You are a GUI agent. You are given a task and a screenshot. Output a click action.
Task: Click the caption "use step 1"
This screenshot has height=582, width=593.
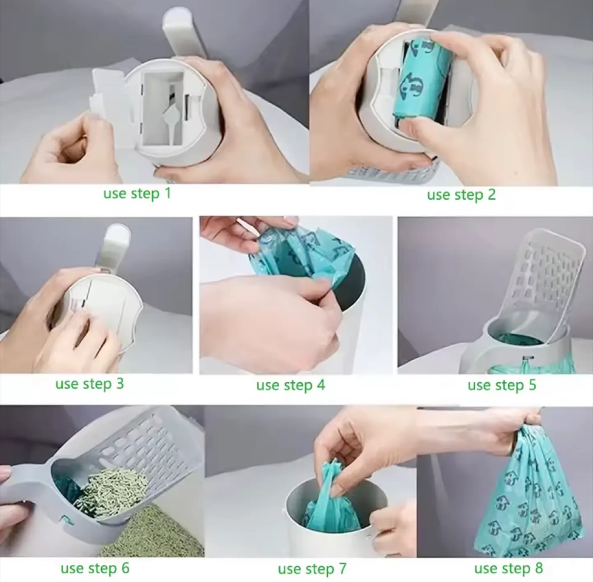point(137,193)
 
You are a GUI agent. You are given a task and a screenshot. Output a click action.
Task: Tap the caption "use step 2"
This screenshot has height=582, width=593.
point(461,194)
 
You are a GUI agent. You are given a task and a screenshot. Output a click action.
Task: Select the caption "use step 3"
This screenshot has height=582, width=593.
point(89,384)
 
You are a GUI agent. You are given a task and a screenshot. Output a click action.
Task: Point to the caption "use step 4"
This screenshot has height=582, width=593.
point(290,385)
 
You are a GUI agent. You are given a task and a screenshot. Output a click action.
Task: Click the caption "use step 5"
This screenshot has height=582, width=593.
point(502,385)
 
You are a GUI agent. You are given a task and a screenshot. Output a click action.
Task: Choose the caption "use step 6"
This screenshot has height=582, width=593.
point(95,568)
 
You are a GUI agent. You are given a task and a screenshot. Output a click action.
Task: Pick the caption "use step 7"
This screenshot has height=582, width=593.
point(312,569)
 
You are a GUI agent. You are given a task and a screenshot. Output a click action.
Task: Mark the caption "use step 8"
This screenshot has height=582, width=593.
point(508,568)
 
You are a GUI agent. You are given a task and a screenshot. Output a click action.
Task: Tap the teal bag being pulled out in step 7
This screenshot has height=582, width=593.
point(332,494)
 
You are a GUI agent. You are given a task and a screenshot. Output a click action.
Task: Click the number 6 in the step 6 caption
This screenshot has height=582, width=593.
point(125,568)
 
